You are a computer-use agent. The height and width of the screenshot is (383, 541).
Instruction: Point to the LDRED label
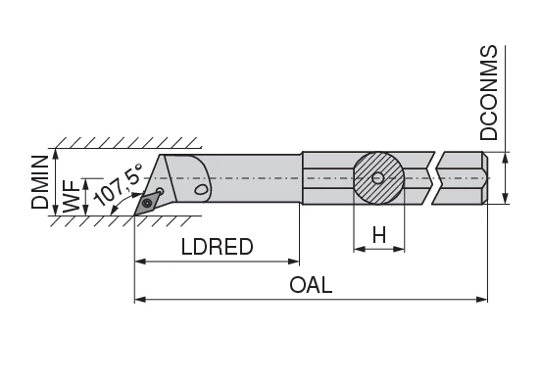tap(217, 247)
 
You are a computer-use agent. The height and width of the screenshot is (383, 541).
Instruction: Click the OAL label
tap(311, 285)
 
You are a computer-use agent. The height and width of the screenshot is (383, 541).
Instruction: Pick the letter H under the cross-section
tap(378, 234)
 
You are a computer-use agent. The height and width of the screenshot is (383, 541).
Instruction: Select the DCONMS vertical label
tap(490, 93)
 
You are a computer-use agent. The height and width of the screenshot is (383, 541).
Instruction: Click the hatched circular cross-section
tap(378, 177)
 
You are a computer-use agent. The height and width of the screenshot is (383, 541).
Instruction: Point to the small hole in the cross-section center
tap(378, 177)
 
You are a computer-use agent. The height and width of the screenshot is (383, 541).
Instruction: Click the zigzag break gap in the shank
tap(433, 177)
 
